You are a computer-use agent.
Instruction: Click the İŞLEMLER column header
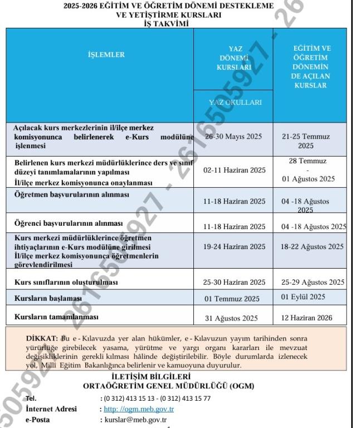tap(106, 55)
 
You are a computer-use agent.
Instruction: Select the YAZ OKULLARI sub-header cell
tap(235, 103)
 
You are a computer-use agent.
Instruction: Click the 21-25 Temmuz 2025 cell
tap(306, 141)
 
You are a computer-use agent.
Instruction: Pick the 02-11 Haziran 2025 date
tap(235, 170)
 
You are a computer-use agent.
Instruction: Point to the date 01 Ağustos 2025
tap(308, 179)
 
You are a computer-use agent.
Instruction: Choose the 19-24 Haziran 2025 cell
tap(235, 246)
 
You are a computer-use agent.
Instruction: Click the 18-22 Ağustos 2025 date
tap(312, 246)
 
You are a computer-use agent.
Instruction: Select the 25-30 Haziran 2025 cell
tap(235, 282)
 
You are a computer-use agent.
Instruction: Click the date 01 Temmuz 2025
tap(232, 299)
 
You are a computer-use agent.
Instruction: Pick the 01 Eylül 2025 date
tap(303, 297)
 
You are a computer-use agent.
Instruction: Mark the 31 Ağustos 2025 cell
tap(232, 319)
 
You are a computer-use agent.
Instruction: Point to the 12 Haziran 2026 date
tap(307, 318)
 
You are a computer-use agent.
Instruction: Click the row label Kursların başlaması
tap(48, 299)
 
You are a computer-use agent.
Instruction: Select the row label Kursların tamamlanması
tap(56, 317)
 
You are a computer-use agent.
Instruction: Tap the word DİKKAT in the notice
tap(42, 338)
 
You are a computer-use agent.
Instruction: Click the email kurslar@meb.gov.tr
tap(137, 420)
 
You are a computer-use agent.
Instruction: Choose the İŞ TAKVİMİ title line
tap(167, 23)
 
